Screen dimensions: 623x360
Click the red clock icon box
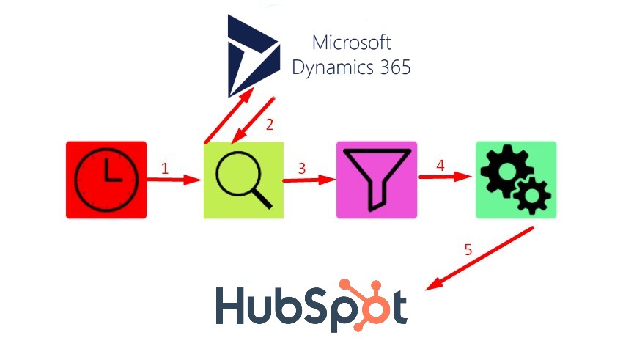[x=106, y=180]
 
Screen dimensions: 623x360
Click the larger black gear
[x=506, y=171]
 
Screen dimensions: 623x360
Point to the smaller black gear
[x=532, y=196]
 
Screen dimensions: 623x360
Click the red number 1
[x=165, y=169]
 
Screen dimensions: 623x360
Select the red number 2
[x=270, y=125]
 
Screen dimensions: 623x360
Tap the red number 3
[x=301, y=169]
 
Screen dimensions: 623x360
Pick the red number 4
[x=440, y=165]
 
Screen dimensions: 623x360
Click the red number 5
[x=468, y=250]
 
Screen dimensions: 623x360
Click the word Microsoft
[x=352, y=43]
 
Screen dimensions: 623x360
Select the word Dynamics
[x=333, y=67]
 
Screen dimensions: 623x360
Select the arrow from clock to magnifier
[x=174, y=180]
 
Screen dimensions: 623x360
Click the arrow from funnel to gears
[x=445, y=177]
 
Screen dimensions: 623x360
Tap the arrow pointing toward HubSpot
[x=479, y=259]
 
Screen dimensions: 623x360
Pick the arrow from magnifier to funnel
[x=309, y=180]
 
